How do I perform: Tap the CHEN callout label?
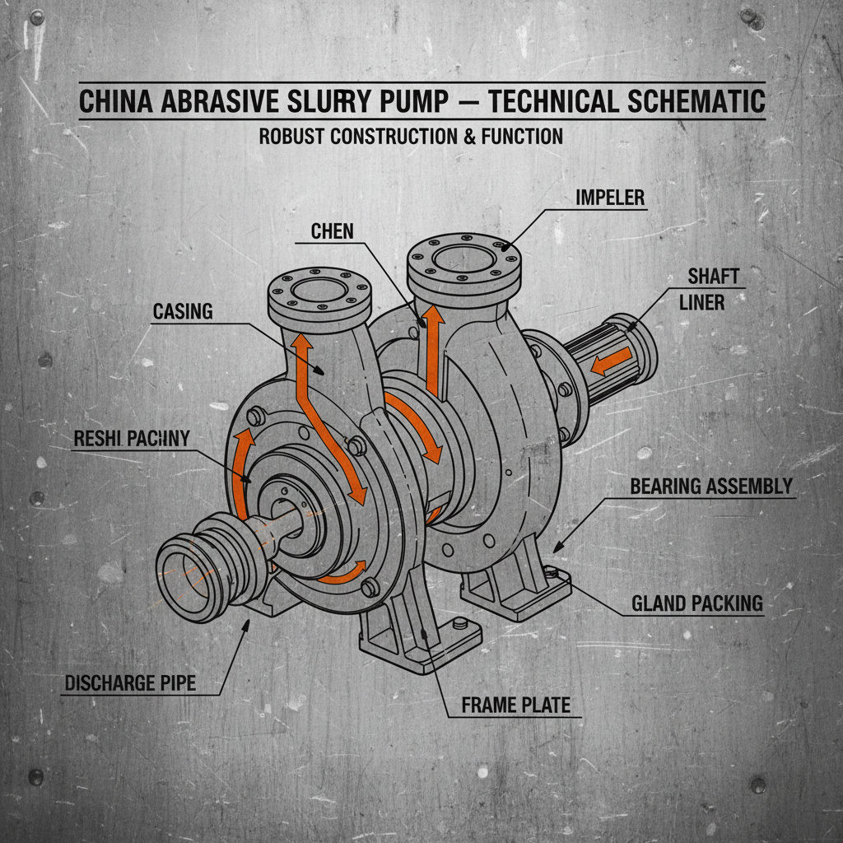(x=332, y=231)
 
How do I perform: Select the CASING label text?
(x=183, y=311)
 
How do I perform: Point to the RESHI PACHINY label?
(x=131, y=438)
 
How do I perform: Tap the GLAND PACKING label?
(x=696, y=603)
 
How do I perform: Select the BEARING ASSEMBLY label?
(x=710, y=486)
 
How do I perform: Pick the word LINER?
(x=701, y=303)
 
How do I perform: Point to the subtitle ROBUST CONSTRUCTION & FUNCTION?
(x=411, y=136)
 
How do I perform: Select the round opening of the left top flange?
(x=317, y=292)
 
